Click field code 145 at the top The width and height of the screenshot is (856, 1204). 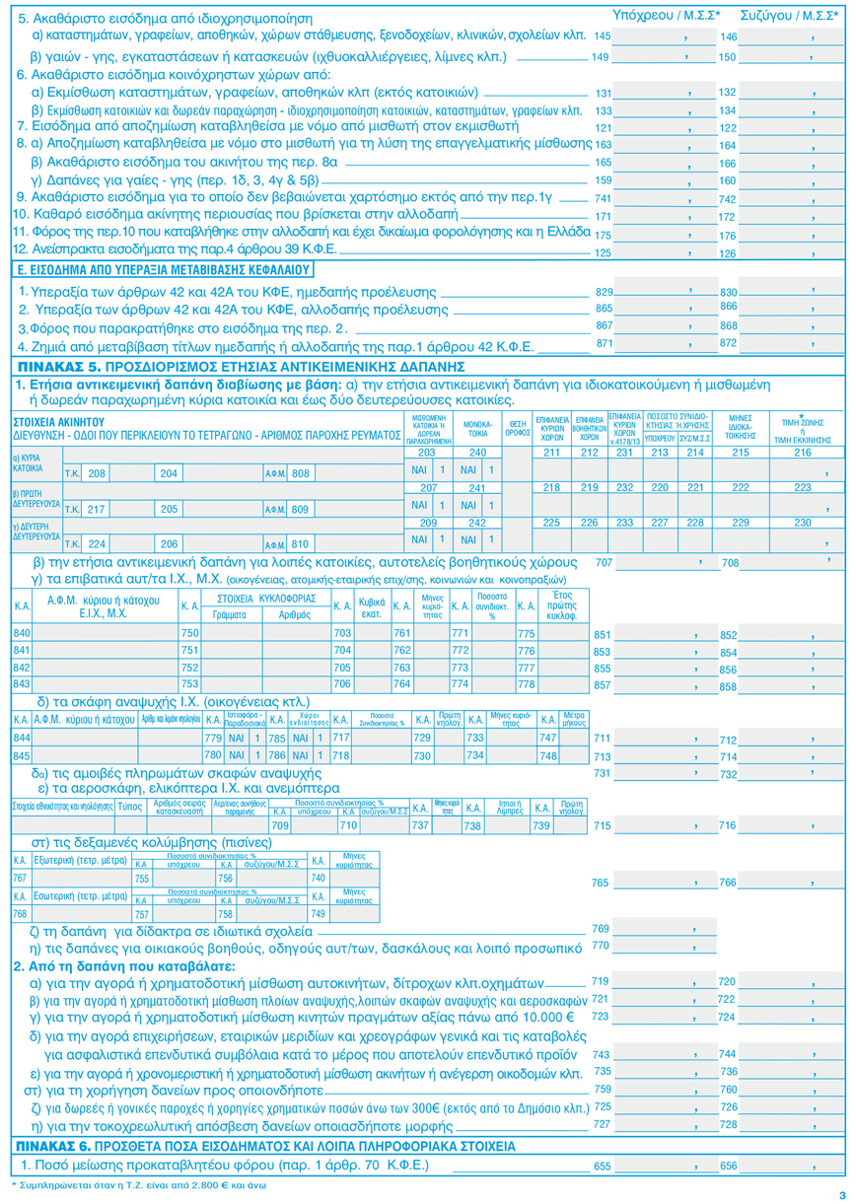(603, 35)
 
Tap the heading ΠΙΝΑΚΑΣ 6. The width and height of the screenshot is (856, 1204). (49, 1147)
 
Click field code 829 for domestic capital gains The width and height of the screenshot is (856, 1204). (605, 293)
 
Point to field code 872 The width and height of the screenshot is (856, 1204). (728, 342)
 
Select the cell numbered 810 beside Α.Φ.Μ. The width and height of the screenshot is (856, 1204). (301, 543)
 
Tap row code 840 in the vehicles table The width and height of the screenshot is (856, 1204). (21, 632)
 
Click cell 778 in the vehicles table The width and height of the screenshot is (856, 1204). (526, 684)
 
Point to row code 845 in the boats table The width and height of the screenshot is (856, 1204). (21, 755)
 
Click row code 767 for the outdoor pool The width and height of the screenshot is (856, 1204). (19, 878)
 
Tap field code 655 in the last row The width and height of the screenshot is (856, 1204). (603, 1166)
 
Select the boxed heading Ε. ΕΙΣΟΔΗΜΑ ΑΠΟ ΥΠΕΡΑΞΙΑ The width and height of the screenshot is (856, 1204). (165, 268)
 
